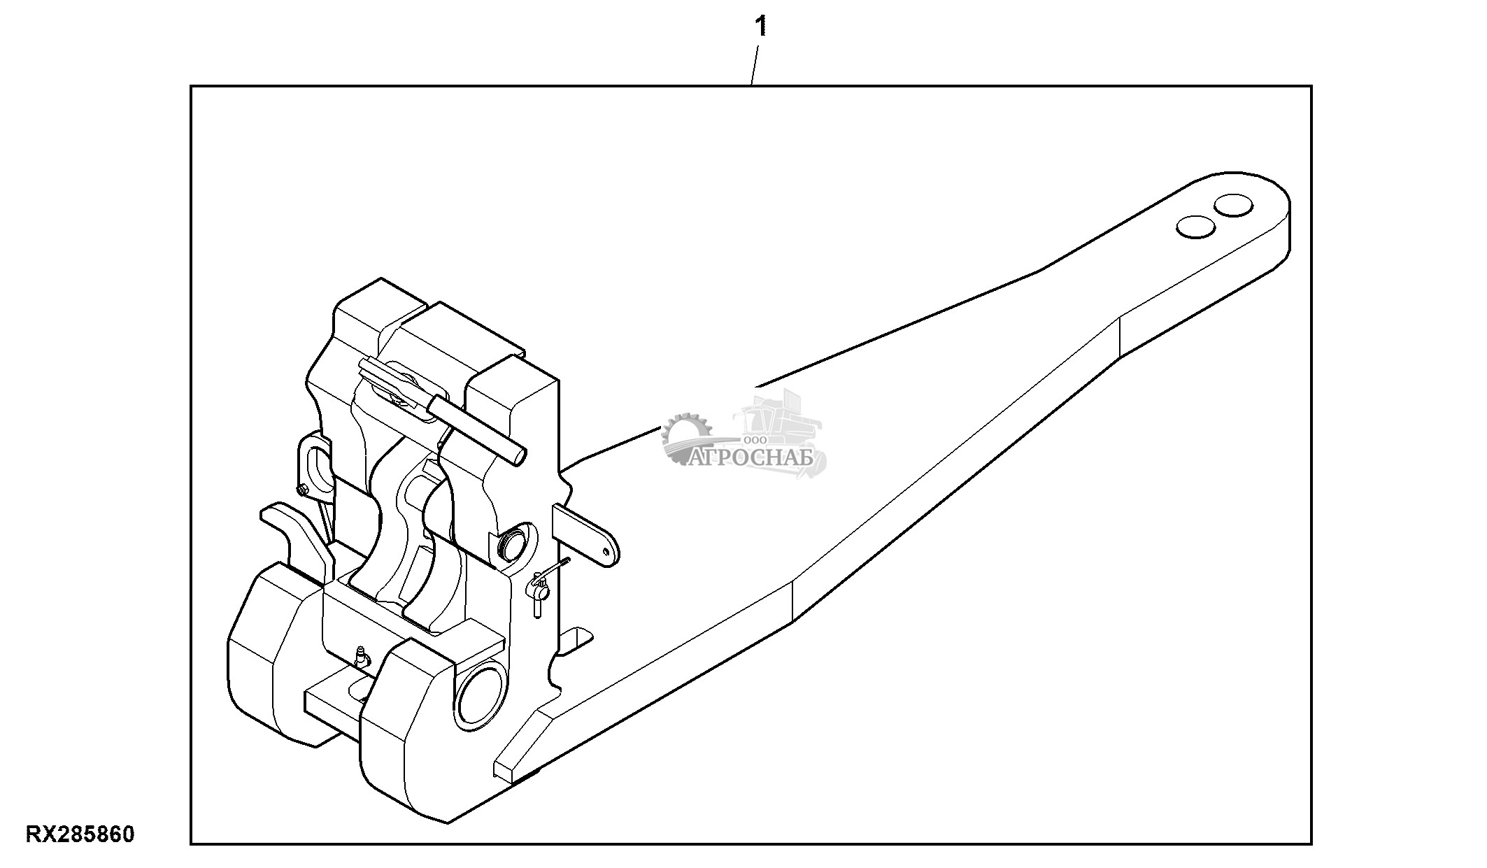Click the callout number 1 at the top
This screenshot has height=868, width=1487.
pyautogui.click(x=760, y=28)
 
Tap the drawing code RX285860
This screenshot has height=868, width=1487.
pyautogui.click(x=80, y=834)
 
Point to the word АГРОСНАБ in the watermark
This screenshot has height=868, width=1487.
pyautogui.click(x=752, y=458)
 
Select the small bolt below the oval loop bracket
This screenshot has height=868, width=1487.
pyautogui.click(x=302, y=490)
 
